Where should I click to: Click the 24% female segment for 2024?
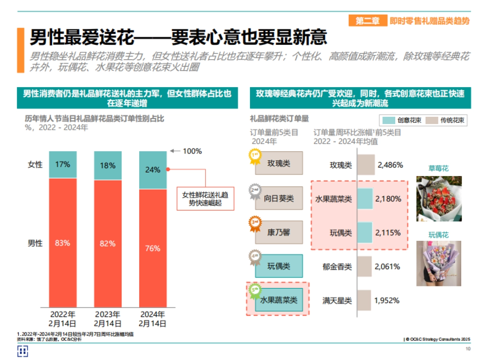[x=152, y=170]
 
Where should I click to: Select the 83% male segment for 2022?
[x=62, y=243]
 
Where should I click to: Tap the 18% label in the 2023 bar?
[x=107, y=165]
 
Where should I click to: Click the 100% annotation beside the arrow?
[x=192, y=151]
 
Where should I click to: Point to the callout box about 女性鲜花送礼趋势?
[x=205, y=199]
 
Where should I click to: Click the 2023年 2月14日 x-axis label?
[x=107, y=319]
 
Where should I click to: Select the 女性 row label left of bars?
[x=35, y=164]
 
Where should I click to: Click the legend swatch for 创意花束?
[x=388, y=120]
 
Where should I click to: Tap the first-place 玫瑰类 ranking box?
[x=279, y=163]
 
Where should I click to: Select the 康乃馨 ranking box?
[x=279, y=232]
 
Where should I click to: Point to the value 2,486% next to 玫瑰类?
[x=388, y=165]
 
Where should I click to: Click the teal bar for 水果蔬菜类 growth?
[x=364, y=198]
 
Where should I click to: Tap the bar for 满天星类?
[x=363, y=300]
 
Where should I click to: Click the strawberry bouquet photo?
[x=439, y=198]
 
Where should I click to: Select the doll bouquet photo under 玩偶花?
[x=439, y=263]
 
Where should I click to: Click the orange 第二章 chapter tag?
[x=368, y=21]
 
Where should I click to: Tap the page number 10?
[x=468, y=349]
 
